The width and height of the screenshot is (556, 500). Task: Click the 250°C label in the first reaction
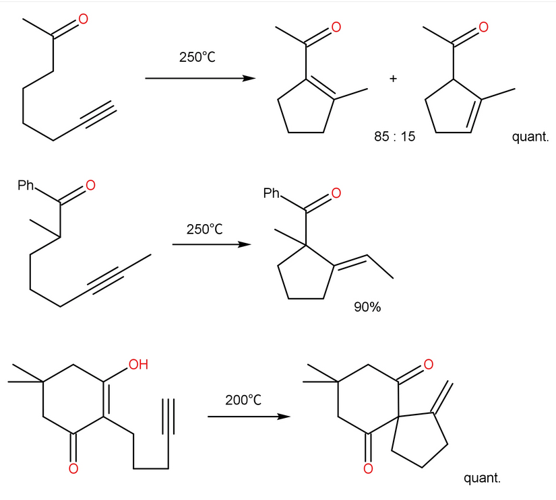coord(197,57)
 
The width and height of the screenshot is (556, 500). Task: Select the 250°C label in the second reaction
coord(204,229)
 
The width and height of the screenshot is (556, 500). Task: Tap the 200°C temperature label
coord(243,400)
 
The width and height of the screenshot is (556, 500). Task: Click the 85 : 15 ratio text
coord(394,137)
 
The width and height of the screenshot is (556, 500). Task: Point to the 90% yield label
coord(367,308)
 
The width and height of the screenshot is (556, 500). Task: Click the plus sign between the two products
coord(393,79)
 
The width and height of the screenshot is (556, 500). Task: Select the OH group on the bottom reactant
coord(137,365)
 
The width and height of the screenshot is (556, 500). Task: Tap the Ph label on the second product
coord(272,194)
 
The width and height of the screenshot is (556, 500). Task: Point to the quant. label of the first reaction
coord(530,137)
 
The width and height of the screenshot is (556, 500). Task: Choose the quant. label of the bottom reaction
coord(483,478)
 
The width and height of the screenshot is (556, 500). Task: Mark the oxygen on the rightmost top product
coord(483,28)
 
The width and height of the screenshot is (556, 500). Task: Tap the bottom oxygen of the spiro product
coord(368,468)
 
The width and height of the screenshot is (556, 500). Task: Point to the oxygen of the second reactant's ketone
coord(90,184)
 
